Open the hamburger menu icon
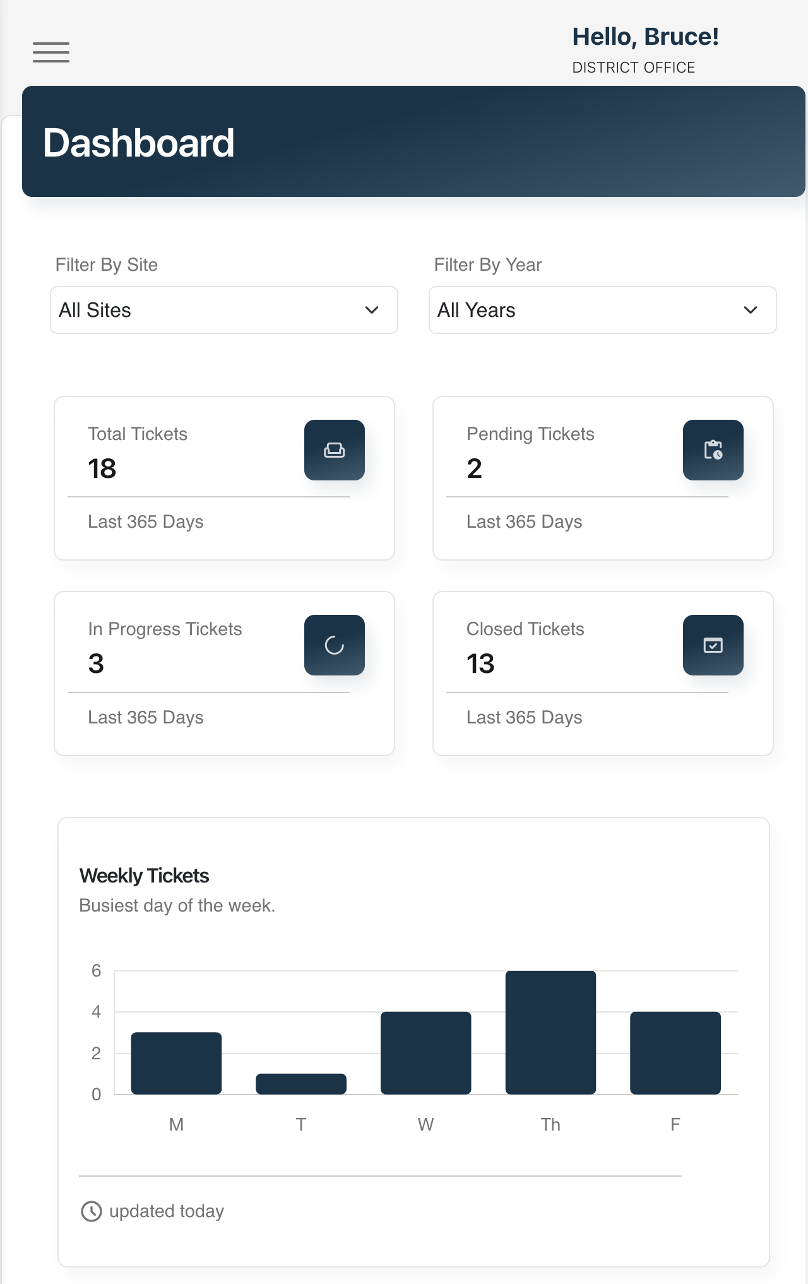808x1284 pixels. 51,52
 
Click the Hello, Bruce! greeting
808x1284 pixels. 645,37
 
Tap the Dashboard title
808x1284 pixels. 139,143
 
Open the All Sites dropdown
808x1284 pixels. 224,310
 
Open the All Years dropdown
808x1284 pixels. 602,310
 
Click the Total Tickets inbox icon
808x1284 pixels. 335,450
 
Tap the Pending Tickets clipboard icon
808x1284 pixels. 713,450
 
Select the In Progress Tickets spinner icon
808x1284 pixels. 335,645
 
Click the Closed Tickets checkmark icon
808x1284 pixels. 713,645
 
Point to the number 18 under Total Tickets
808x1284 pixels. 102,468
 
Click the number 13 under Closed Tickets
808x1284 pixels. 480,663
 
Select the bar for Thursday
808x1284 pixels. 550,1032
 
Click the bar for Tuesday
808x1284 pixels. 301,1084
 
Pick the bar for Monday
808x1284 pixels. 176,1063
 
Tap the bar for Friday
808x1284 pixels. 675,1053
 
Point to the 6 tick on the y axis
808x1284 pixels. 96,971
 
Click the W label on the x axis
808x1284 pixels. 425,1124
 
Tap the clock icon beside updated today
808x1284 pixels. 92,1211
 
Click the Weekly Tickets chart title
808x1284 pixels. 145,876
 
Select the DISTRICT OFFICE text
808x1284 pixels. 633,68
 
